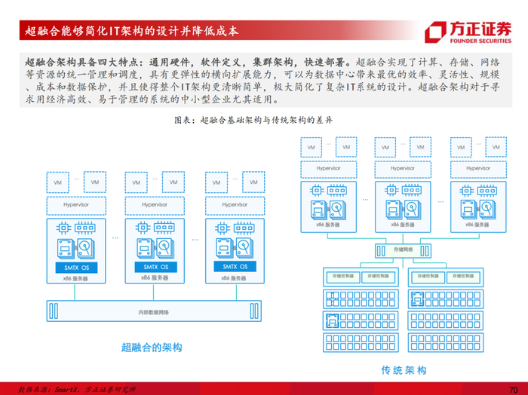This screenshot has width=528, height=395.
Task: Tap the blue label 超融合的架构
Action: point(151,348)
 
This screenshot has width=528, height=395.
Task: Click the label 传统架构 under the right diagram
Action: point(404,370)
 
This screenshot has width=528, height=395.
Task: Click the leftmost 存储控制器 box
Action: point(339,277)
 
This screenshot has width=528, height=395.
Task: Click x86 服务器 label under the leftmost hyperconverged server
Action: point(74,279)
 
